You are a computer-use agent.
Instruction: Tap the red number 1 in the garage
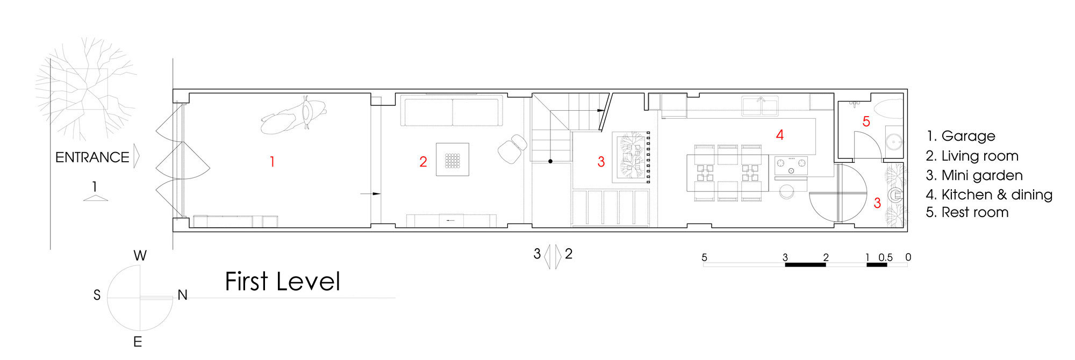pos(273,161)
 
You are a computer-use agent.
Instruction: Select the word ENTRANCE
pos(92,157)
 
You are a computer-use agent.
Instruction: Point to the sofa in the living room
pos(452,111)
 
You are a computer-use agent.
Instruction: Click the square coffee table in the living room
pos(452,160)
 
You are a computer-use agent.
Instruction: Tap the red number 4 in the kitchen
pos(779,135)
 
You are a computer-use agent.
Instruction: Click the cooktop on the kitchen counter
pos(791,164)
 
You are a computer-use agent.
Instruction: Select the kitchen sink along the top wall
pos(760,106)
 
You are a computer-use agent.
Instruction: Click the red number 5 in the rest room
pos(866,121)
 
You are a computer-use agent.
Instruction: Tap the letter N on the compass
pos(182,295)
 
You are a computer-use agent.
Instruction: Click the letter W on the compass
pos(140,256)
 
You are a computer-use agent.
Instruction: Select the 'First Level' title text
pos(283,282)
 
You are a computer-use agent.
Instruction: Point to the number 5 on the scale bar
pos(704,257)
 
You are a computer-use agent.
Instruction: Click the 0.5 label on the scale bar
pos(885,257)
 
